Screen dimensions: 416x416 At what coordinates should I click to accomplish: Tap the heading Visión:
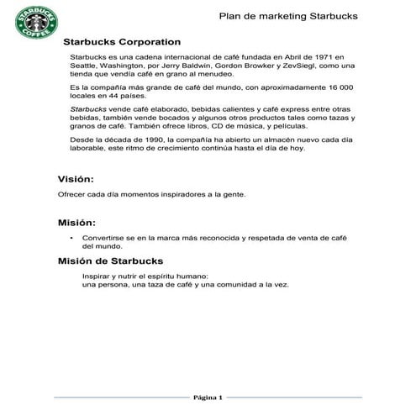tap(76, 180)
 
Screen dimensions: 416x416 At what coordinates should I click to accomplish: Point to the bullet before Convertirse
tap(71, 239)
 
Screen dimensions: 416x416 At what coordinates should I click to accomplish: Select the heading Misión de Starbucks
tap(109, 261)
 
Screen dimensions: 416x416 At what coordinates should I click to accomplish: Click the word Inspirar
tap(97, 276)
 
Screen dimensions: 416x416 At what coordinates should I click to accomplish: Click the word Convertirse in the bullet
tap(106, 239)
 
